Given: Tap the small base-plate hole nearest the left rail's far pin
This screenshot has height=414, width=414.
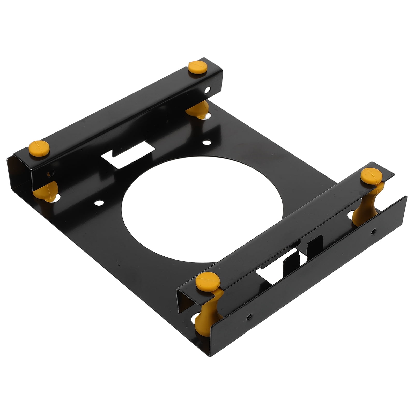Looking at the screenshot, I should tap(206, 142).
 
